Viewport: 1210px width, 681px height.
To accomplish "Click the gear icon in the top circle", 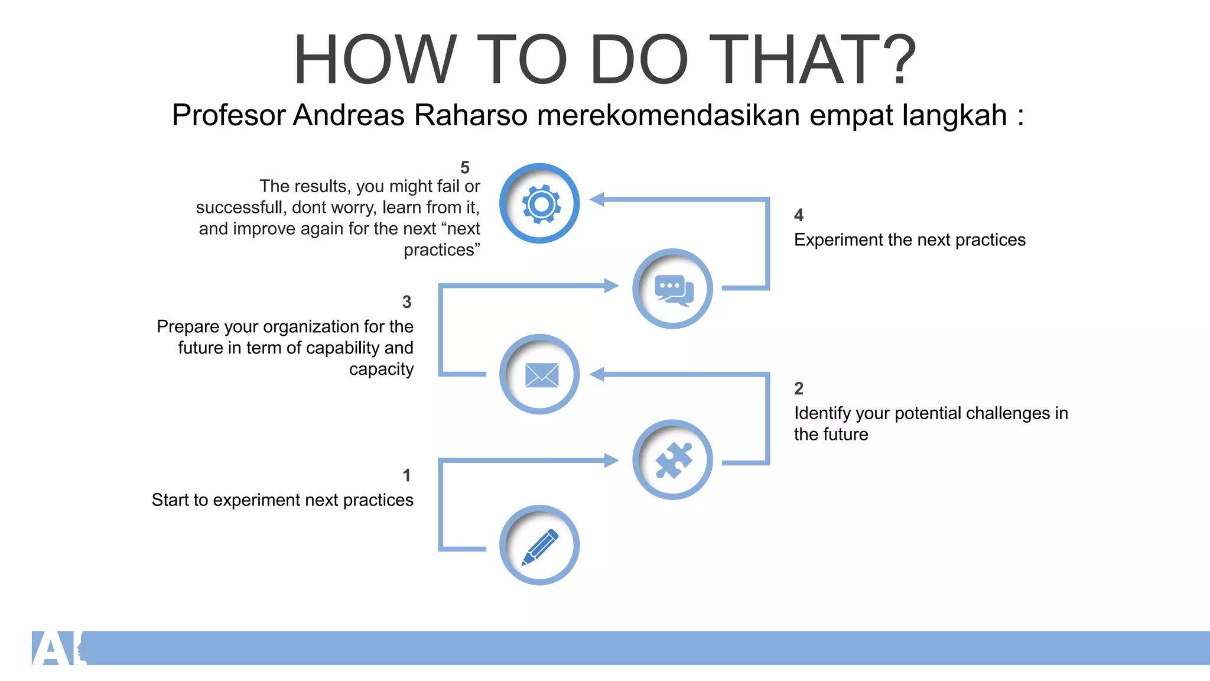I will coord(541,205).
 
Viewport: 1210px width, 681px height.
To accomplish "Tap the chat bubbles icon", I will coord(674,290).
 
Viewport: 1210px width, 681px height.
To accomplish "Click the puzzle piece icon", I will coord(674,461).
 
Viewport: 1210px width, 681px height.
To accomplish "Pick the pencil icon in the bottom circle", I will coord(540,547).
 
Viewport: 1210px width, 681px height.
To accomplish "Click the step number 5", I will coord(465,168).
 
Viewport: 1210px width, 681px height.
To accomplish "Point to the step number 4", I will coord(799,215).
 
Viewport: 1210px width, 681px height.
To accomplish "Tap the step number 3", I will coord(406,302).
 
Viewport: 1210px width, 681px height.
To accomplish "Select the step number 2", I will coord(799,388).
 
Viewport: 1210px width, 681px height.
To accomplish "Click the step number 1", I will coord(406,475).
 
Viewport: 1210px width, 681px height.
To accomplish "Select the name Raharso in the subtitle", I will coord(470,115).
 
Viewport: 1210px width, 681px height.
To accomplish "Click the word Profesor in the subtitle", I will coord(229,115).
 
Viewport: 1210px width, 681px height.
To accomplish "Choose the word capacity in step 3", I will coord(381,369).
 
